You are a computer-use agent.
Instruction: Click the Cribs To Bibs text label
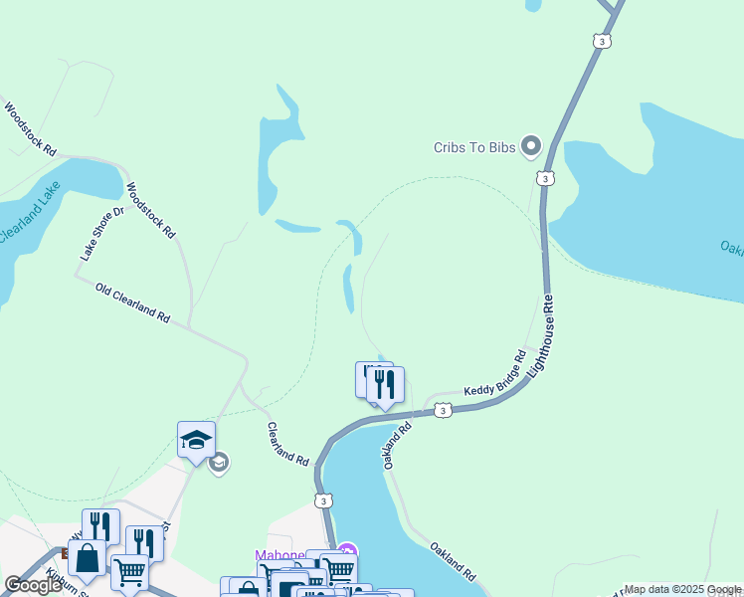(472, 147)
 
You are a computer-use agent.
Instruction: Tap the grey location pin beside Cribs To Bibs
(530, 147)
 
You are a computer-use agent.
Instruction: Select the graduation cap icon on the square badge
(196, 440)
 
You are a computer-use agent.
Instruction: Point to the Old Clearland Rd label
(132, 302)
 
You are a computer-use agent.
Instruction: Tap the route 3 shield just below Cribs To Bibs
(543, 178)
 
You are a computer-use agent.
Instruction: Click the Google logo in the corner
(33, 585)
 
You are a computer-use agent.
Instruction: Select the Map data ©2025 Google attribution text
(683, 589)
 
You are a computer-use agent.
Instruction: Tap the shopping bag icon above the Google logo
(87, 558)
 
